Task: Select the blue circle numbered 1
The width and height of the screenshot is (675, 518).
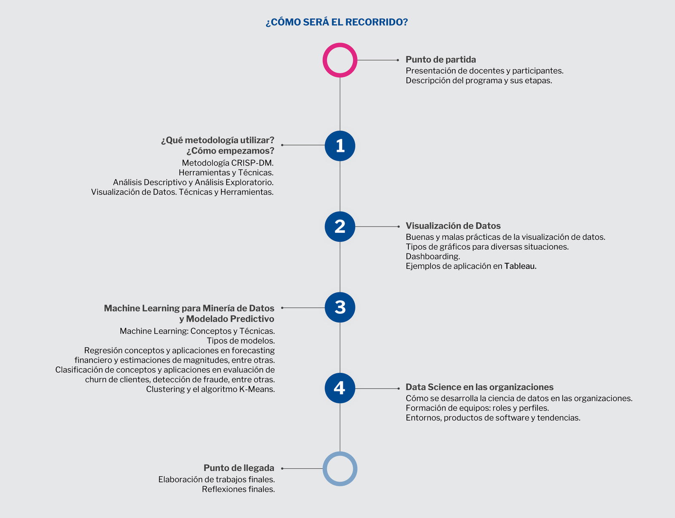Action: point(340,146)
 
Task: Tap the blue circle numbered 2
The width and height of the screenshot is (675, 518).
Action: point(340,227)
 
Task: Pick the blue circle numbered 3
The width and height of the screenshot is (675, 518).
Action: point(340,307)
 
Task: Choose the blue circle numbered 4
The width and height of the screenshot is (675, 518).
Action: point(340,388)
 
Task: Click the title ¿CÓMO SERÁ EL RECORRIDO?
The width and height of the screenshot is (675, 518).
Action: point(337,22)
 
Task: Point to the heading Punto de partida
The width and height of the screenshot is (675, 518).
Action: point(440,59)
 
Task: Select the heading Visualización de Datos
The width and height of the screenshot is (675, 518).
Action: point(453,225)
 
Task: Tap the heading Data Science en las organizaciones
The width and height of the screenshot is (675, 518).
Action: point(479,387)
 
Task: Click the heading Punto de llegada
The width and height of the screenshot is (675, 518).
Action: point(239,468)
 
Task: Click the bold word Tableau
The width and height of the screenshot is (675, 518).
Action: point(520,266)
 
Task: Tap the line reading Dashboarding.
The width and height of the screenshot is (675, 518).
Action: point(433,256)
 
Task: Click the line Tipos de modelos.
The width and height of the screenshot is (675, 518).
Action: point(241,341)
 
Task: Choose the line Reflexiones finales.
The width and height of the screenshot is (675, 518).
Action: point(238,489)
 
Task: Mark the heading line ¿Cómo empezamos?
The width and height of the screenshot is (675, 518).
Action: point(230,151)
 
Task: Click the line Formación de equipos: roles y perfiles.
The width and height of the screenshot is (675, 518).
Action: point(477,408)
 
